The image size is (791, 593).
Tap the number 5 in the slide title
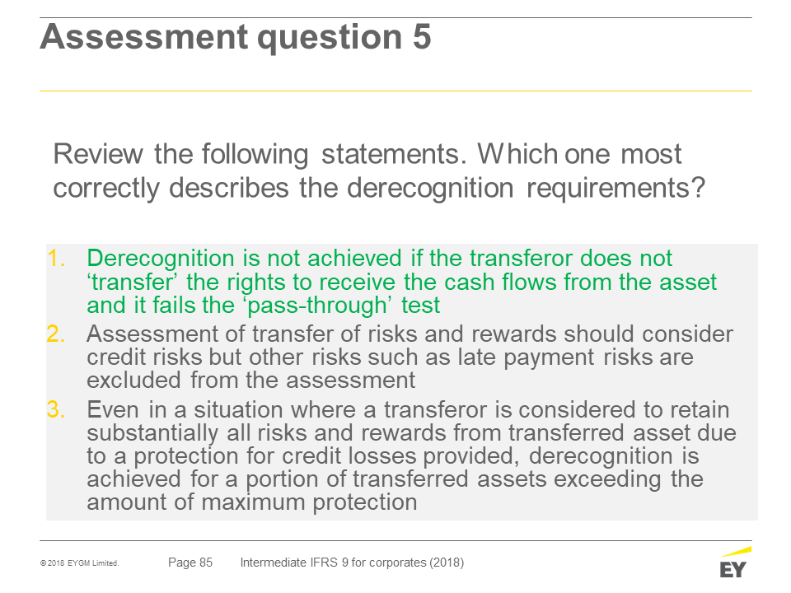click(x=422, y=37)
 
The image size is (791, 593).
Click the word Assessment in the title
click(x=143, y=37)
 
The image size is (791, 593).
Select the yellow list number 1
click(x=56, y=258)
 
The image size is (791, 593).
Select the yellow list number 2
click(x=56, y=334)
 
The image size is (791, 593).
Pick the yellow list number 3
click(x=56, y=409)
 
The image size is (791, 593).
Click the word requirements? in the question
click(x=615, y=189)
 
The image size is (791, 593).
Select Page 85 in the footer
click(x=190, y=563)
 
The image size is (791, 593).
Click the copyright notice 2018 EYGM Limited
click(x=80, y=563)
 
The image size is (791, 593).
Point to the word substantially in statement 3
click(x=152, y=433)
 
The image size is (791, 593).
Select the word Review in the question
click(x=98, y=154)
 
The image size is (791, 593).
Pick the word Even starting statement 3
click(x=113, y=409)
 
